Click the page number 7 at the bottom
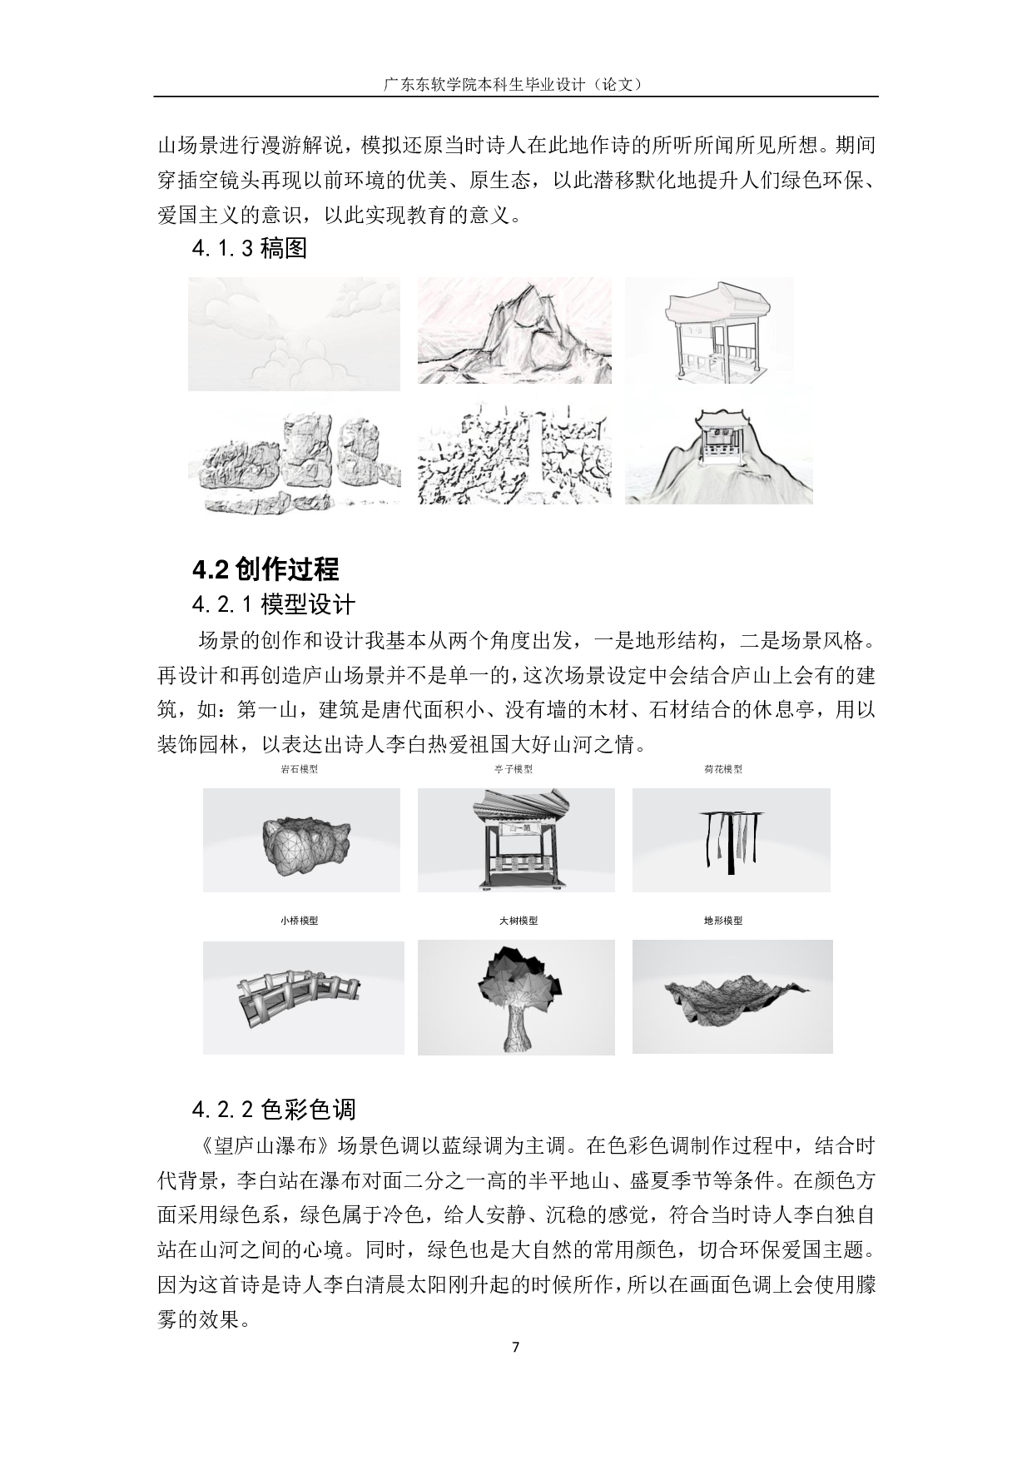pyautogui.click(x=515, y=1348)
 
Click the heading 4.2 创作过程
pyautogui.click(x=265, y=569)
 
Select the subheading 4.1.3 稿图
pyautogui.click(x=249, y=248)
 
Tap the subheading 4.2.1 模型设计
pyautogui.click(x=273, y=604)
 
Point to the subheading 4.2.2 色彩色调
pyautogui.click(x=273, y=1109)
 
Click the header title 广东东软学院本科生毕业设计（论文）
pyautogui.click(x=515, y=84)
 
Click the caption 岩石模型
pyautogui.click(x=300, y=769)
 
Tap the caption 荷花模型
pyautogui.click(x=722, y=769)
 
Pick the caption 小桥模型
pyautogui.click(x=299, y=921)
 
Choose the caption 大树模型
pyautogui.click(x=518, y=921)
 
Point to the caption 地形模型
pyautogui.click(x=722, y=921)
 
